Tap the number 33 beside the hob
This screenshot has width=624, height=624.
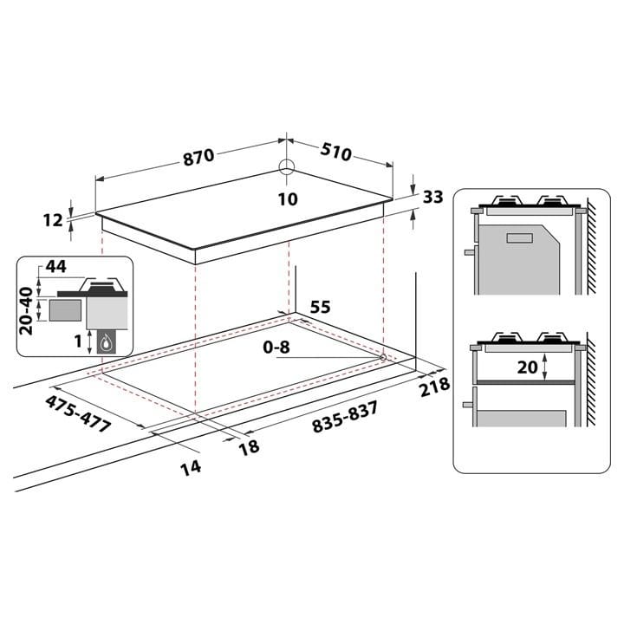coord(432,197)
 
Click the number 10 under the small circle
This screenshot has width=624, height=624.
coord(288,199)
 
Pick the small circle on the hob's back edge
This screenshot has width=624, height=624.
coord(288,167)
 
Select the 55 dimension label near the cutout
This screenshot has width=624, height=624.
coord(320,306)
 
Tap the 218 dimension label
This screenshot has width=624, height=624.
coord(434,386)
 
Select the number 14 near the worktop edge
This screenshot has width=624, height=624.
coord(191,467)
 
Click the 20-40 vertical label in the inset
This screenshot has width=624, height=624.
coord(27,310)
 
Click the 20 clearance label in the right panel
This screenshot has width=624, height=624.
coord(527,367)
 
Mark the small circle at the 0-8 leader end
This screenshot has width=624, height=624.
coord(382,356)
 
